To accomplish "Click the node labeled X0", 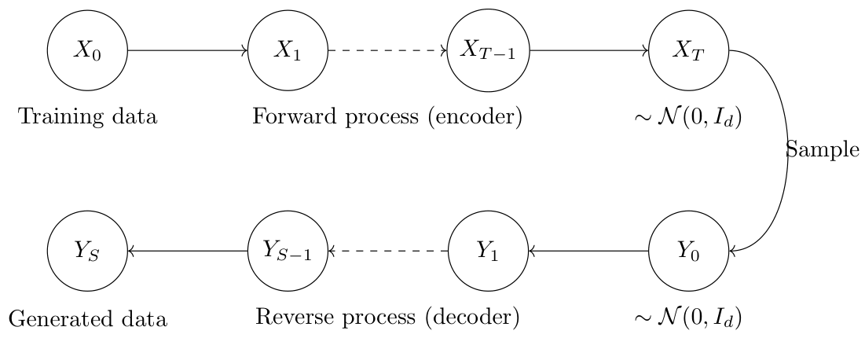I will [87, 50].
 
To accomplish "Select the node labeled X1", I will [288, 50].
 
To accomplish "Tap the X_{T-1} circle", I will [488, 50].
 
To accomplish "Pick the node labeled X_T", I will [688, 50].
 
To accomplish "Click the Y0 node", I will [688, 252].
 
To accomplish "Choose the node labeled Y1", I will [488, 252].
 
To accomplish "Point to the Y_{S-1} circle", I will [288, 252].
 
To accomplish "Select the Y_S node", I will [87, 252].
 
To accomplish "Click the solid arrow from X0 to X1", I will [187, 50].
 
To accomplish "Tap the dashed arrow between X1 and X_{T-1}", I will [387, 50].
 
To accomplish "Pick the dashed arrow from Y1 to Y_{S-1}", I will [387, 252].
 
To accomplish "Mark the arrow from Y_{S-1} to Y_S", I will [187, 252].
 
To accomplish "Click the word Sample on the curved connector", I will [823, 150].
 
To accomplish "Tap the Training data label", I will [87, 117].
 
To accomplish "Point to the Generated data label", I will [87, 318].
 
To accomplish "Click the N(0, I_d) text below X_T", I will [688, 119].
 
